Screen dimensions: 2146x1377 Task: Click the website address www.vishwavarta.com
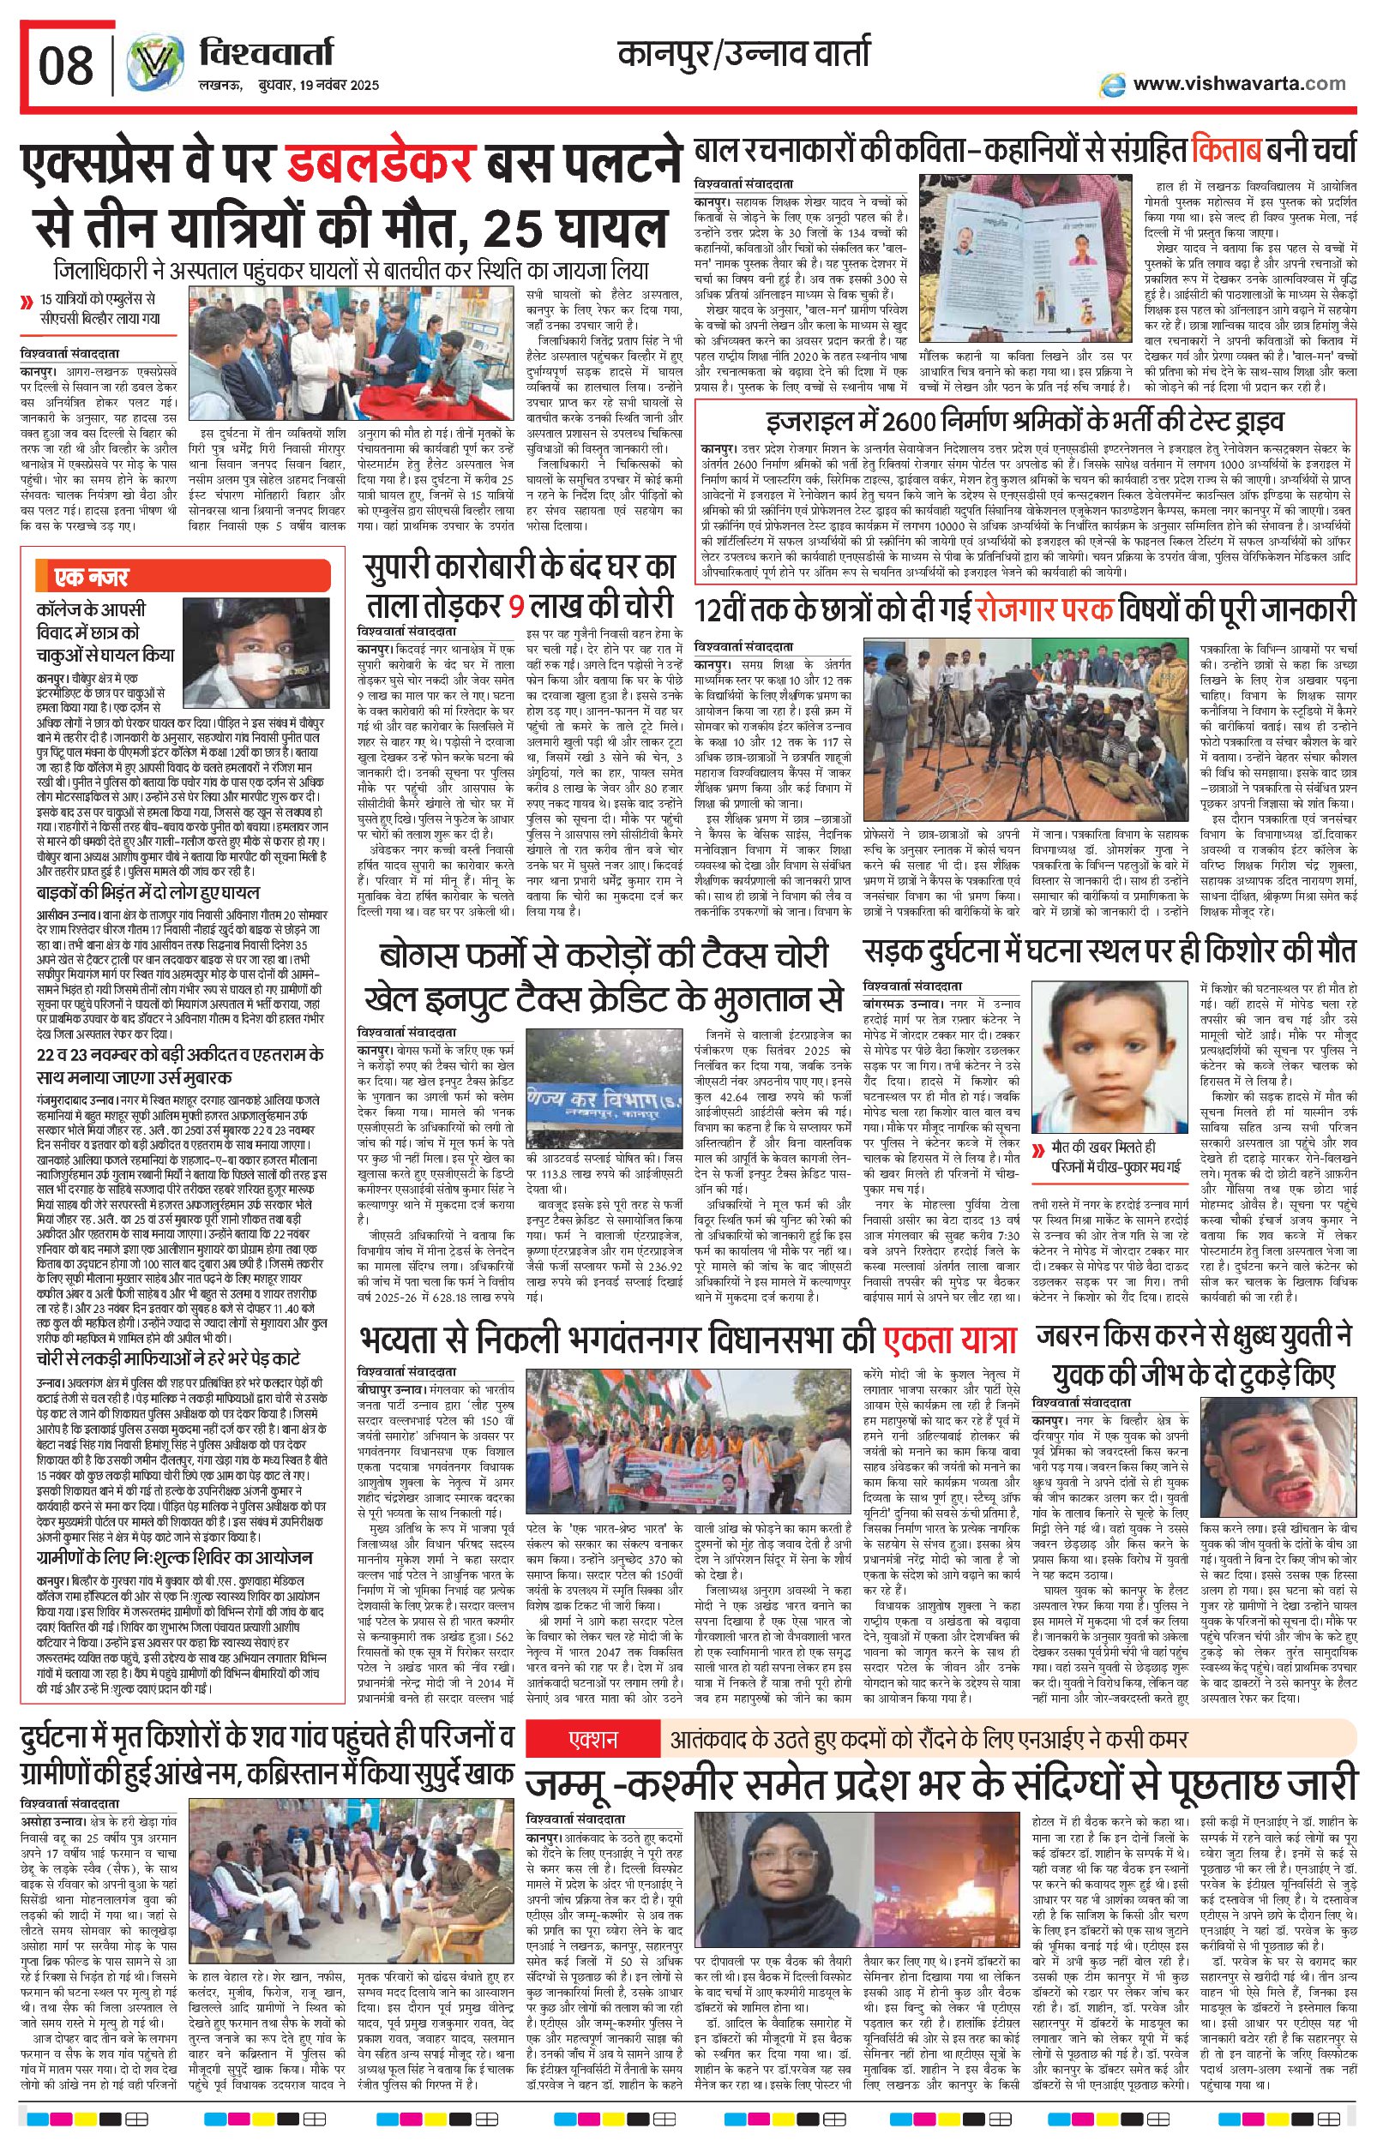point(1238,83)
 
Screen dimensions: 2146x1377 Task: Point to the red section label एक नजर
point(89,576)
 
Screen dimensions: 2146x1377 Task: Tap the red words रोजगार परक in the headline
point(1043,608)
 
